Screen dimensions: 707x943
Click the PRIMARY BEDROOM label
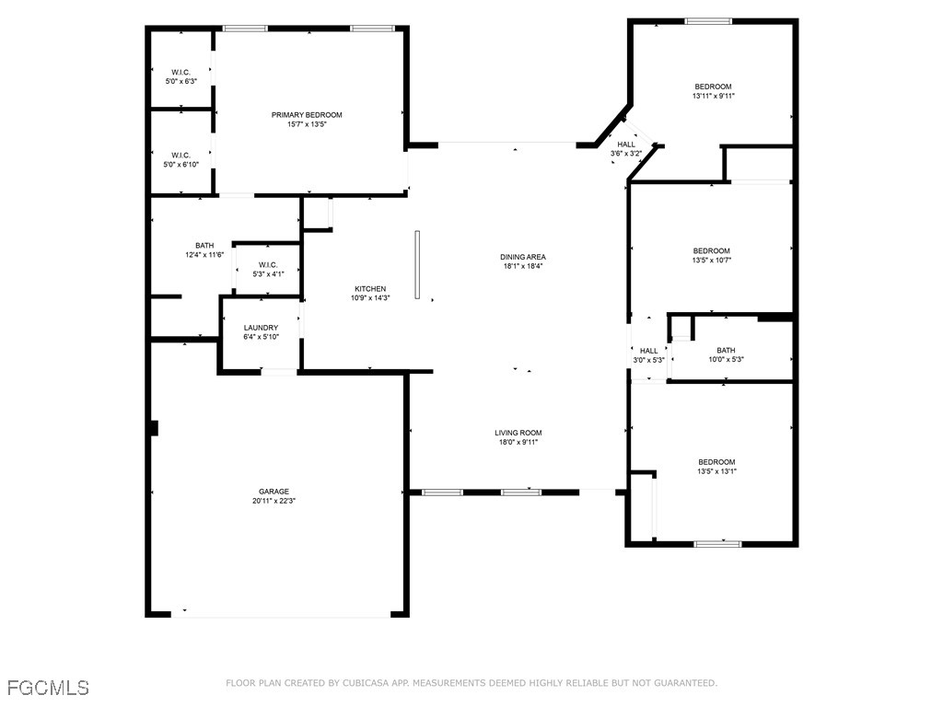click(x=306, y=115)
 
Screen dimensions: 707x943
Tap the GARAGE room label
click(x=274, y=492)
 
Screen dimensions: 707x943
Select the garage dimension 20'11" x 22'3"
click(x=274, y=502)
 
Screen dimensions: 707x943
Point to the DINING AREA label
click(x=524, y=257)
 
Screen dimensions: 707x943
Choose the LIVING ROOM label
click(x=518, y=433)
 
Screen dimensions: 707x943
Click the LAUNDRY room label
click(x=261, y=328)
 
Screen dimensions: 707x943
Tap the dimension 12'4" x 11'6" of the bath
click(x=204, y=255)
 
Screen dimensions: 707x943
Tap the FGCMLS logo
click(x=48, y=687)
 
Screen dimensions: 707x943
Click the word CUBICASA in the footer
click(x=373, y=683)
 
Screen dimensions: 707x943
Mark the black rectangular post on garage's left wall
click(x=154, y=428)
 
